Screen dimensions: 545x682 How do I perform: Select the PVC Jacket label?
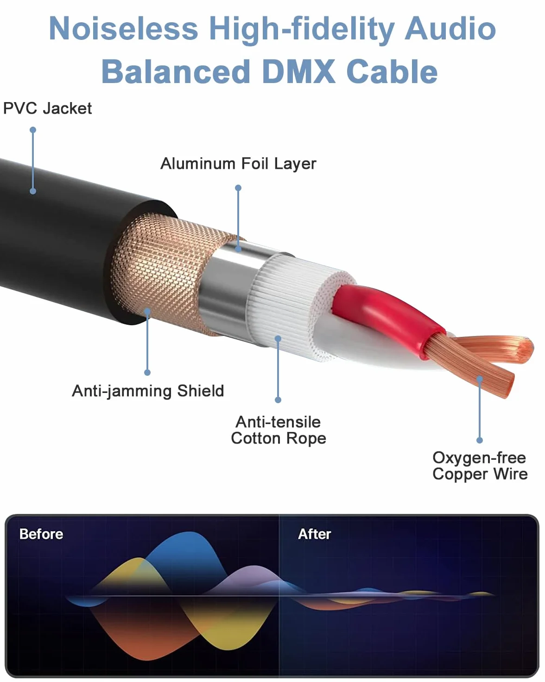pyautogui.click(x=47, y=109)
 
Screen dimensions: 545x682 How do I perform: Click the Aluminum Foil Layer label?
pyautogui.click(x=238, y=164)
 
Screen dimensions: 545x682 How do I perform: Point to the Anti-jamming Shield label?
pyautogui.click(x=148, y=391)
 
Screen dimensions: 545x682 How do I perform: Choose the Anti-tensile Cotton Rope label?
pyautogui.click(x=279, y=431)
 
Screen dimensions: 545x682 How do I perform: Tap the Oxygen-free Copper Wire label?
pyautogui.click(x=480, y=466)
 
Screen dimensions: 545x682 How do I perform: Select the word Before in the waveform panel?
pyautogui.click(x=41, y=534)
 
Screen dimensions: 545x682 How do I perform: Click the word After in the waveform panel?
pyautogui.click(x=315, y=534)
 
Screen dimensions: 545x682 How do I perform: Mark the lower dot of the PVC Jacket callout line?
pyautogui.click(x=33, y=191)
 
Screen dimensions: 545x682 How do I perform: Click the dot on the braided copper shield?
pyautogui.click(x=147, y=311)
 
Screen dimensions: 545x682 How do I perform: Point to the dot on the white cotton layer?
pyautogui.click(x=278, y=339)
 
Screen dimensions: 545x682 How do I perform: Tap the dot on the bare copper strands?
pyautogui.click(x=480, y=379)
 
